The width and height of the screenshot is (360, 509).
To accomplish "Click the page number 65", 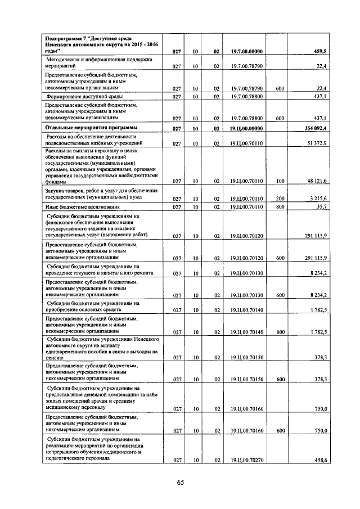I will [x=180, y=482].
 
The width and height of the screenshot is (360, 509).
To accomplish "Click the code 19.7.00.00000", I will [x=246, y=52].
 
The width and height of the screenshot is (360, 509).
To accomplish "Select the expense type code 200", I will [x=281, y=199].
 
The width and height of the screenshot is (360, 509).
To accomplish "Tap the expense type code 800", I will [x=281, y=208].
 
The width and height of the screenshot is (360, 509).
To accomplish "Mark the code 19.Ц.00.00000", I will [x=246, y=129].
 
